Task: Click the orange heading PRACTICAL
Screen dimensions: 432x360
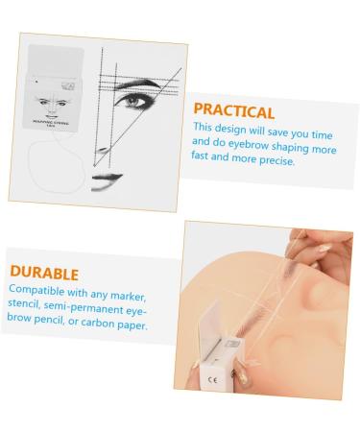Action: [233, 111]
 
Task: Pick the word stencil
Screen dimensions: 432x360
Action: [29, 305]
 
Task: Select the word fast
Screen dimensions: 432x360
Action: [205, 160]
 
